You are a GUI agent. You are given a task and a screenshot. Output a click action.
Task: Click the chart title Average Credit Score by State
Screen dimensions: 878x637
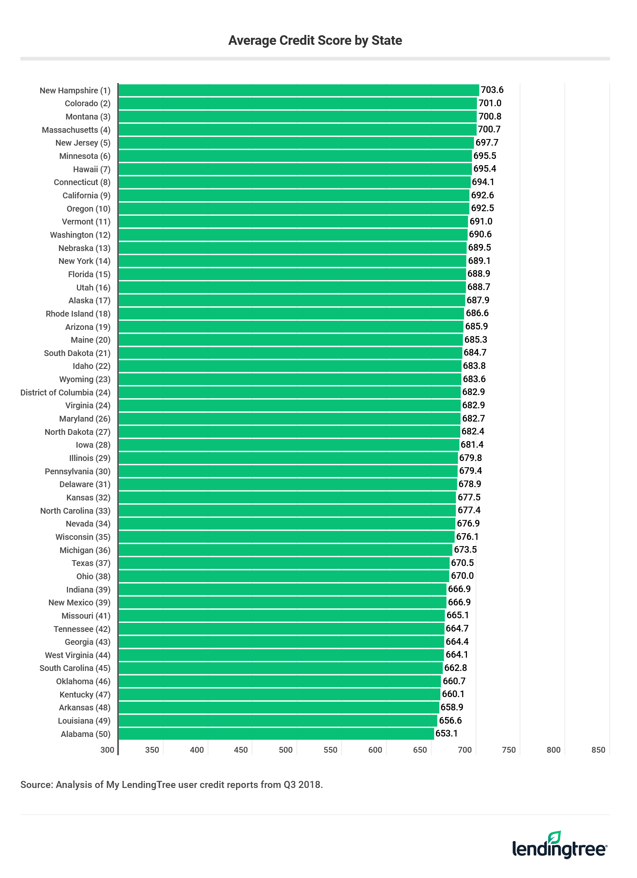[x=315, y=40]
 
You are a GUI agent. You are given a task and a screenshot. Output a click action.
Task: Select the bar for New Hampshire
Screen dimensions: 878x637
[x=299, y=90]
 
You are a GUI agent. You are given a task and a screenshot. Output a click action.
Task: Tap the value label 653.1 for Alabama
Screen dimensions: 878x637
[x=447, y=733]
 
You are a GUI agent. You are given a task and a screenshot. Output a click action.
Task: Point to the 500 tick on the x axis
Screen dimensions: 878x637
[x=285, y=750]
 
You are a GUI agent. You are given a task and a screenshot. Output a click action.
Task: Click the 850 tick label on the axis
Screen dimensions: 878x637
[x=598, y=750]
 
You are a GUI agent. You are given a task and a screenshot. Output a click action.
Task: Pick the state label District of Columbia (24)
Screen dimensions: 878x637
[x=65, y=393]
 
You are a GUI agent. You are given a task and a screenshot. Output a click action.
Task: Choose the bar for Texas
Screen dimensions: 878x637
[x=284, y=563]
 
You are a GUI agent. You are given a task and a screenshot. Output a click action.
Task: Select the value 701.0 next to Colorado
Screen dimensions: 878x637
[x=490, y=103]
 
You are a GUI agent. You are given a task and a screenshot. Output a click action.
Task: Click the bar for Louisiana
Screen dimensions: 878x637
[x=278, y=720]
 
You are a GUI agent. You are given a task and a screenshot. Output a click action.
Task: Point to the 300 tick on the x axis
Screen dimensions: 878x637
[x=107, y=750]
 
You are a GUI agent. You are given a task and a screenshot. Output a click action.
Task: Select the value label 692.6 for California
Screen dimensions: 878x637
[x=482, y=195]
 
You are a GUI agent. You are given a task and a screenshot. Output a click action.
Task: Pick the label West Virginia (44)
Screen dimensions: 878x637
[x=78, y=655]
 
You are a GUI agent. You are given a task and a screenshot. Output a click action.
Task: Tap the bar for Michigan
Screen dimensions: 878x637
[x=285, y=550]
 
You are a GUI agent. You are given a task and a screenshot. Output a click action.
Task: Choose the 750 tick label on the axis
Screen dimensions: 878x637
[x=509, y=750]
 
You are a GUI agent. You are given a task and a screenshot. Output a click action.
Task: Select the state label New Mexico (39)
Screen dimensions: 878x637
[x=79, y=602]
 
